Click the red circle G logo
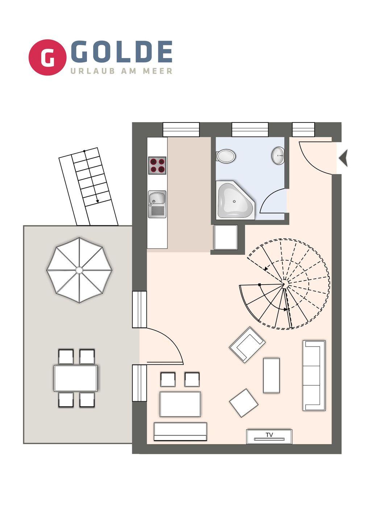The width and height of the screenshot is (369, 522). [x=47, y=57]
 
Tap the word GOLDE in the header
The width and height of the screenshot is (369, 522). [x=121, y=52]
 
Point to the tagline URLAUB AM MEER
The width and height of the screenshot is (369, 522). [x=121, y=71]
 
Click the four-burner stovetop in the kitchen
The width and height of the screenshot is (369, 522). [x=157, y=165]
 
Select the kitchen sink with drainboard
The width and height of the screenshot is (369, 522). [x=157, y=204]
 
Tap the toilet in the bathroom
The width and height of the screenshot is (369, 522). [x=226, y=156]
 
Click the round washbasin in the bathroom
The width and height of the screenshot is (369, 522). [x=278, y=156]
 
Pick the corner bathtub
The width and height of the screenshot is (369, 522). [x=235, y=200]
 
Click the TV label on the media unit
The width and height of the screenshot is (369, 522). [x=269, y=435]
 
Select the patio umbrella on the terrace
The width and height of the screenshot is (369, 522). [x=79, y=270]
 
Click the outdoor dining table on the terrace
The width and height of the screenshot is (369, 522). [x=75, y=378]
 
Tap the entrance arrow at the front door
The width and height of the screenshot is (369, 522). [x=343, y=158]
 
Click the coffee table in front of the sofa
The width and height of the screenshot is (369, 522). [x=271, y=376]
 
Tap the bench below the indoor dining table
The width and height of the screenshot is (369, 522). [x=180, y=431]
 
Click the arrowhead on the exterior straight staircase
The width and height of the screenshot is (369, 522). [x=98, y=201]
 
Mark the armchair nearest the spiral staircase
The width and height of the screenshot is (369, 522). [x=247, y=345]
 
